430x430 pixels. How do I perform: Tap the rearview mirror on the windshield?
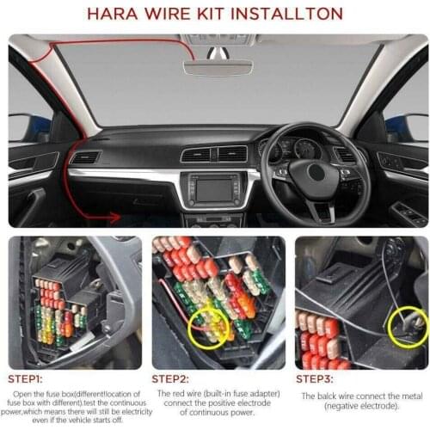[x=217, y=66]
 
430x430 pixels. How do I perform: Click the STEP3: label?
[x=320, y=378]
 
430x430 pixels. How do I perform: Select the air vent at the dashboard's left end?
[x=85, y=158]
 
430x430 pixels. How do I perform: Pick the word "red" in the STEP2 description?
[x=179, y=392]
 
